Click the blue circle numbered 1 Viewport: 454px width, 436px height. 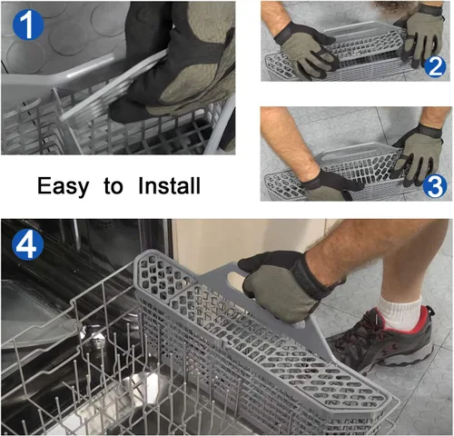(28, 25)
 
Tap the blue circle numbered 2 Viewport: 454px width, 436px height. (435, 66)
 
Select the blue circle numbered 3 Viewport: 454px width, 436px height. (435, 185)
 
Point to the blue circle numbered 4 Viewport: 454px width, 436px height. (28, 244)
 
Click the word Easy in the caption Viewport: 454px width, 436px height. (63, 186)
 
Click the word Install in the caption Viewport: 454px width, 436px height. (169, 185)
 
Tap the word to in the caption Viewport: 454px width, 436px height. (113, 186)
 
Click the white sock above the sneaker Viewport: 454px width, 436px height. (400, 313)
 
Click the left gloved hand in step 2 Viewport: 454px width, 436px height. (306, 50)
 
